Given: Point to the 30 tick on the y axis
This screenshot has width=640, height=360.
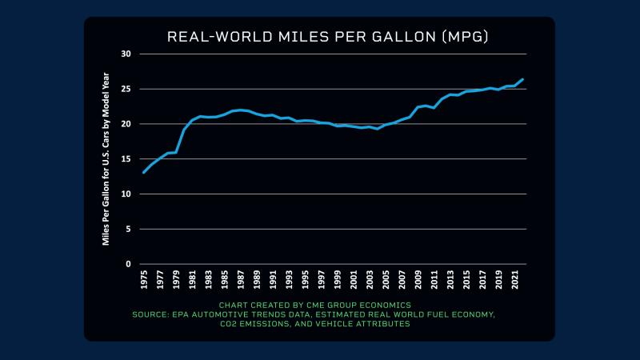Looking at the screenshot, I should click(126, 54).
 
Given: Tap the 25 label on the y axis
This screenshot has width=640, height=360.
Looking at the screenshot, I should click(126, 89).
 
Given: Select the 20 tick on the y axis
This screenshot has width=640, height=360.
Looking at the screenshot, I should click(126, 124).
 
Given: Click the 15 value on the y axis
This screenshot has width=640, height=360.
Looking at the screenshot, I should click(126, 159).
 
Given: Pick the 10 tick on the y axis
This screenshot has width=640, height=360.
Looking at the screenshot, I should click(126, 194).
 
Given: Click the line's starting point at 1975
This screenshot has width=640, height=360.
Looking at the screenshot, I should click(144, 172).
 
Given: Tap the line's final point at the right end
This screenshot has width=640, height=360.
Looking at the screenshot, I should click(522, 79).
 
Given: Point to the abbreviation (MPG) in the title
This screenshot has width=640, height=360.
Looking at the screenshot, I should click(462, 37).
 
